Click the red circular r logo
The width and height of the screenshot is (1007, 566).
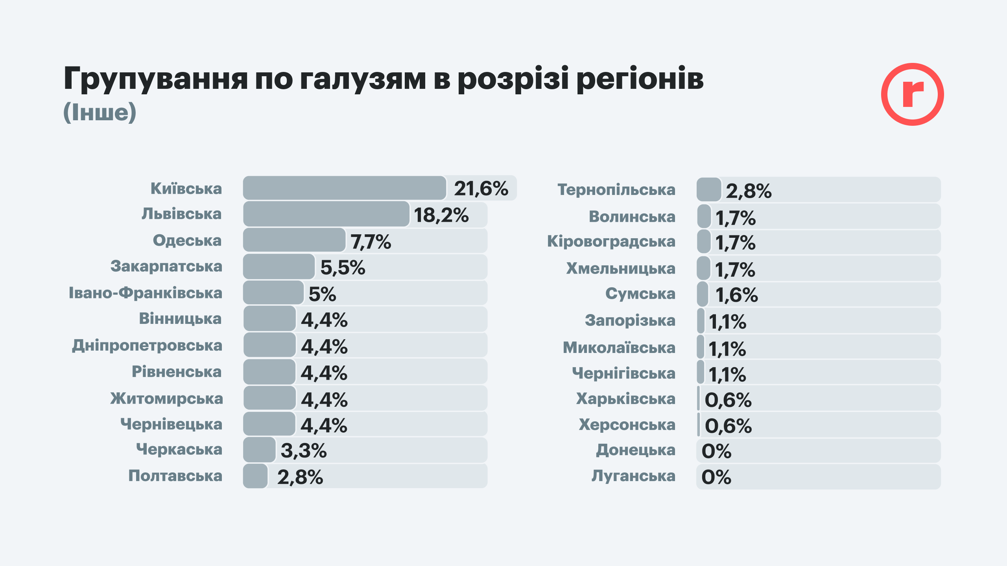point(912,94)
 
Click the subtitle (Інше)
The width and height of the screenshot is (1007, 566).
point(100,112)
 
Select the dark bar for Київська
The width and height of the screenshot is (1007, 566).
point(344,188)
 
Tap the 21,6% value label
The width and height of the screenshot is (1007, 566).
point(481,189)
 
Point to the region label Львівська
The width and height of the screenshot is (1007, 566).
point(182,214)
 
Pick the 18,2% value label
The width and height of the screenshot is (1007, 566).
point(441,215)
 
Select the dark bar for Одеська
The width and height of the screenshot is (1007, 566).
point(294,240)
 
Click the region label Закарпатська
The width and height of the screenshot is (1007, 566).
point(166,266)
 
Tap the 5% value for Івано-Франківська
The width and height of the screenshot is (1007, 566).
point(322,294)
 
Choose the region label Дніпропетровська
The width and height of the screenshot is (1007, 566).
point(147,345)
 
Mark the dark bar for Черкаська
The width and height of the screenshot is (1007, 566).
point(259,450)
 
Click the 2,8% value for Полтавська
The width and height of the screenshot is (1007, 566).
point(300,477)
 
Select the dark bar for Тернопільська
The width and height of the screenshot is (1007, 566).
point(709,189)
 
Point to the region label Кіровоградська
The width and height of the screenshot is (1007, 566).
point(611,241)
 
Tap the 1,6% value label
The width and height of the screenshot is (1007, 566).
point(736,295)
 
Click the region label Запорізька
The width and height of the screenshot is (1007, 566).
point(630,320)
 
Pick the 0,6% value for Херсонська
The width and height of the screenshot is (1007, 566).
point(728,426)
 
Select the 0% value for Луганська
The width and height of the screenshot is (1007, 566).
point(716,477)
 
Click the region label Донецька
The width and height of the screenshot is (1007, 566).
point(636,450)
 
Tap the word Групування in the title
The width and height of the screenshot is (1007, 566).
point(156,79)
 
